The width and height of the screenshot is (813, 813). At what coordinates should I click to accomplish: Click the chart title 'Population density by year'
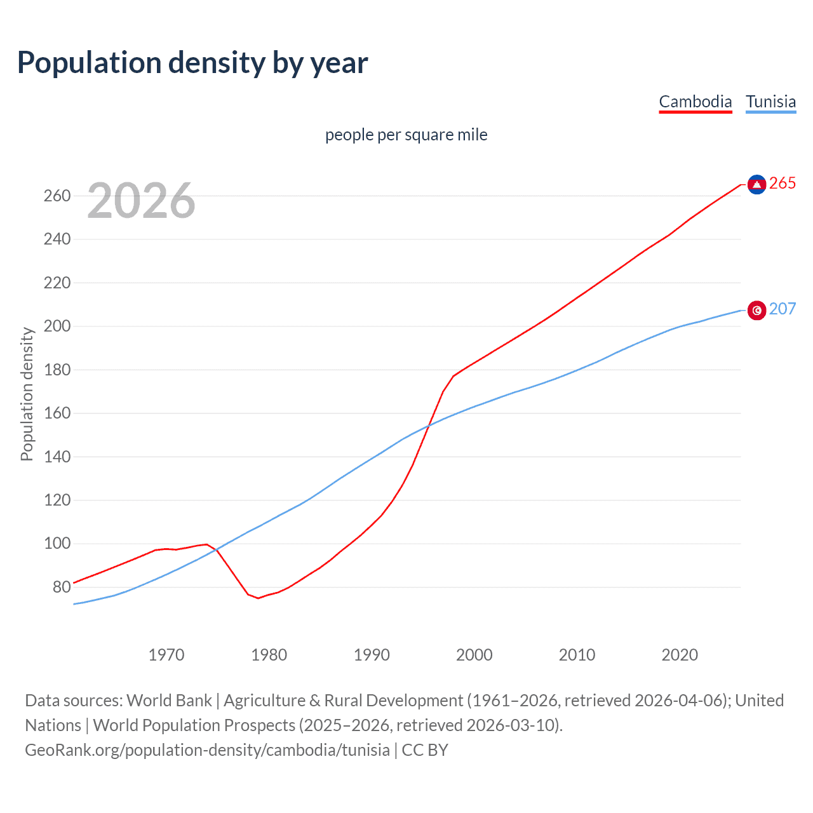coord(192,63)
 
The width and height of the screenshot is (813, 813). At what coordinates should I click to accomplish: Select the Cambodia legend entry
coord(695,102)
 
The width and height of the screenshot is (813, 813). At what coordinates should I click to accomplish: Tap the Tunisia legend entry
coord(770,102)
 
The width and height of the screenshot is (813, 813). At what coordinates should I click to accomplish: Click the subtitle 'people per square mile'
coord(406,135)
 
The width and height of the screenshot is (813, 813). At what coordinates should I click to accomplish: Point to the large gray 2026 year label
coord(141,201)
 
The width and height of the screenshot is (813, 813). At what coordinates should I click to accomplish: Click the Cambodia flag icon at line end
coord(756,184)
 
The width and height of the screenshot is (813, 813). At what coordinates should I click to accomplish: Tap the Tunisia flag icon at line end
coord(756,310)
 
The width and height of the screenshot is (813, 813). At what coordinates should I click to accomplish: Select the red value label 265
coord(783,184)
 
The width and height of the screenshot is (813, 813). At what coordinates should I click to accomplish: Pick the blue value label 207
coord(783,309)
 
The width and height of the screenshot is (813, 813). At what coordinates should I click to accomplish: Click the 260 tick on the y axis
coord(57,196)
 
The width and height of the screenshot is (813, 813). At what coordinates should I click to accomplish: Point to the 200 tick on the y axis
coord(57,326)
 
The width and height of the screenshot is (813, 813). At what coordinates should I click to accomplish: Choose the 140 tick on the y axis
coord(57,457)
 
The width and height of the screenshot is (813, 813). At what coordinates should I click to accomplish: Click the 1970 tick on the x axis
coord(166,655)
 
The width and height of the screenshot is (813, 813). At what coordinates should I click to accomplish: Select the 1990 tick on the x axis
coord(372,655)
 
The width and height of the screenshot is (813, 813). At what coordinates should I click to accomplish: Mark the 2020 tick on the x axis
coord(680,655)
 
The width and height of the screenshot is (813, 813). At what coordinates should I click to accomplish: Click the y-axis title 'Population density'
coord(27,394)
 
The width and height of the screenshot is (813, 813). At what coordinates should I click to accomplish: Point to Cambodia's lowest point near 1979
coord(259,598)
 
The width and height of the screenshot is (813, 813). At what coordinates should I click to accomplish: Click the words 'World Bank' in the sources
coord(169,701)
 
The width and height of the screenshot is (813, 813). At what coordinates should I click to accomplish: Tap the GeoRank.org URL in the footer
coord(207,750)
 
